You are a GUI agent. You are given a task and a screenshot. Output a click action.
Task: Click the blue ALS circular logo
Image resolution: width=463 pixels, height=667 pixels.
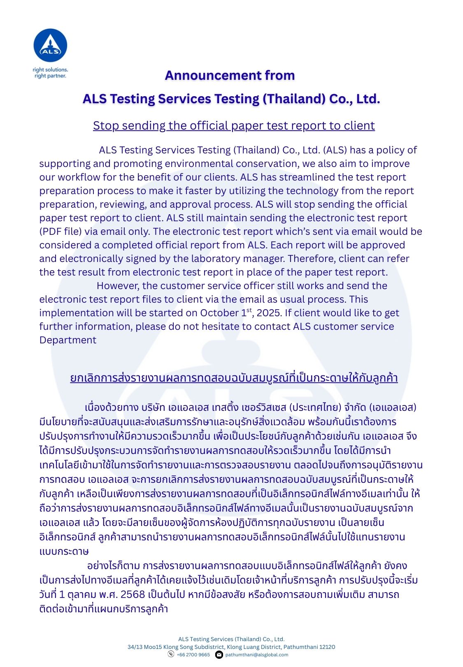50,45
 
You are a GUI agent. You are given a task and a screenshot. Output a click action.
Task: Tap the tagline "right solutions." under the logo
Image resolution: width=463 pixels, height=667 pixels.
50,69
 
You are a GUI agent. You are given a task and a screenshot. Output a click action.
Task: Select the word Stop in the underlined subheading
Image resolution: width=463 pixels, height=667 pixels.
105,125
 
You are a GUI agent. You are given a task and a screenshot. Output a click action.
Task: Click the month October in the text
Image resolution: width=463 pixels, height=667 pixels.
219,313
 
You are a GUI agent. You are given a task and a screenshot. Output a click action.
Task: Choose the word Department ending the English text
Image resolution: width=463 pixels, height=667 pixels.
68,340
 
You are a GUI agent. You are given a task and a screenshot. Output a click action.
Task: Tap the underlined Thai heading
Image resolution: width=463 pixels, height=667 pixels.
234,378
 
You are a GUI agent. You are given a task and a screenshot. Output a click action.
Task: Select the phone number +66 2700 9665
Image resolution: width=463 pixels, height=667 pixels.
193,655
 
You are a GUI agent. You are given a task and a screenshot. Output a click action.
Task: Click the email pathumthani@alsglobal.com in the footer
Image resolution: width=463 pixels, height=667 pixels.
257,655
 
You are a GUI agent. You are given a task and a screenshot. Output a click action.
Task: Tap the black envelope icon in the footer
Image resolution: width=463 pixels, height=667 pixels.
219,655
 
